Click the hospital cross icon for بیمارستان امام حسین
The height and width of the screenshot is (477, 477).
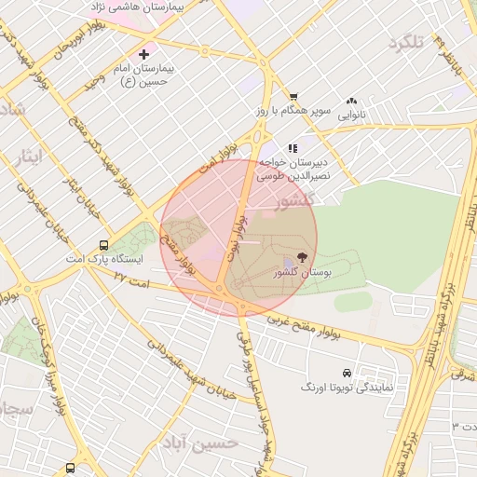tap(143, 55)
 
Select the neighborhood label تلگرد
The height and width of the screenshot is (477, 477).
tap(406, 42)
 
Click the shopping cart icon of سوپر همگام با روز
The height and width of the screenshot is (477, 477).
tap(293, 96)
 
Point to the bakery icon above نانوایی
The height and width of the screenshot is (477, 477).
tap(351, 102)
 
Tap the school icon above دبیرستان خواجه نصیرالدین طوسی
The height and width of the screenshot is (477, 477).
tap(293, 147)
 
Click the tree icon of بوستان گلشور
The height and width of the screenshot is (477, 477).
tap(301, 257)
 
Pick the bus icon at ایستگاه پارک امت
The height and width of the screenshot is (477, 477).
tap(103, 246)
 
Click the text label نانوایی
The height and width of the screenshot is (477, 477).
tap(351, 116)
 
